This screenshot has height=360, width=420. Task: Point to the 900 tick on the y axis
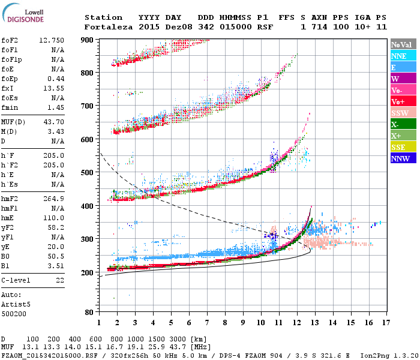click(87, 40)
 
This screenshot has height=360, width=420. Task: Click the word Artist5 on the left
click(14, 304)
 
